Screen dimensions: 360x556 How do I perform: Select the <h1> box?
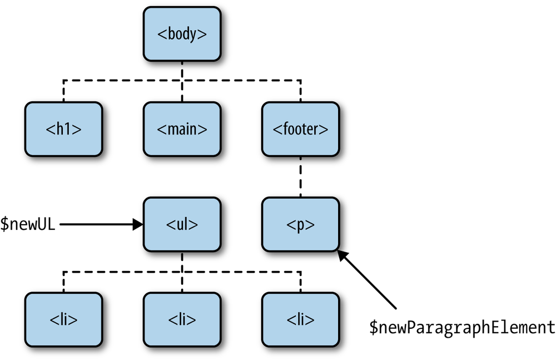point(64,129)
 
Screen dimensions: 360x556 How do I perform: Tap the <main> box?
point(182,129)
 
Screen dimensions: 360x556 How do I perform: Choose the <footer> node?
point(300,129)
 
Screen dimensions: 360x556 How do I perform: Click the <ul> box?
point(182,225)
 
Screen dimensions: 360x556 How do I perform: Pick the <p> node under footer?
point(300,225)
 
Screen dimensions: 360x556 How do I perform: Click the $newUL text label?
point(28,225)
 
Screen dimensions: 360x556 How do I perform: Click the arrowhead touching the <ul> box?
point(138,225)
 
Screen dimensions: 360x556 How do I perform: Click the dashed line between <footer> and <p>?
point(300,177)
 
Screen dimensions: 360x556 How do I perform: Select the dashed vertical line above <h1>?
point(64,91)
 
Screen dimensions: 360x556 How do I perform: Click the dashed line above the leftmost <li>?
point(64,282)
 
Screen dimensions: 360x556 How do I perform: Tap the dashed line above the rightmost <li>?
point(300,282)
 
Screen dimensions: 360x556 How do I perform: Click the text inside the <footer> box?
point(300,129)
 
